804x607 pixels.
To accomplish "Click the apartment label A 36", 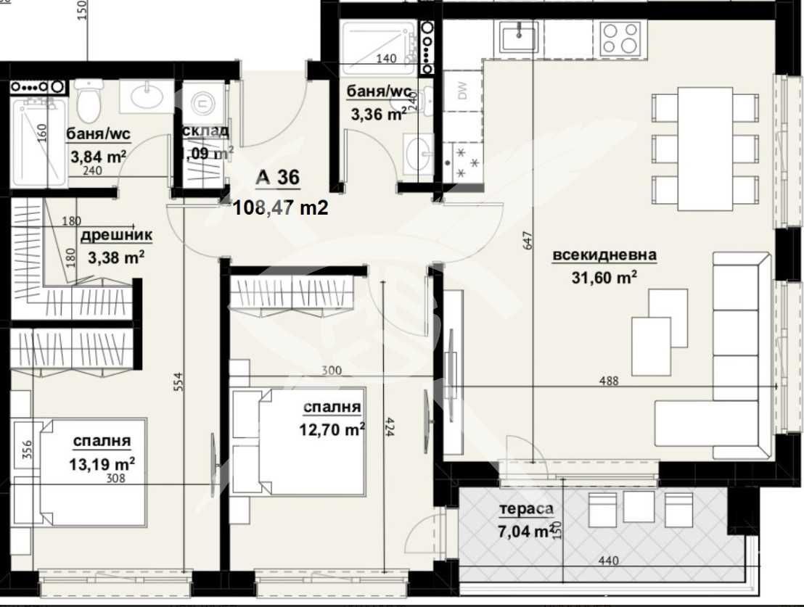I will point(277,178).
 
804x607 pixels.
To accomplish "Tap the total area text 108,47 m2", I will point(280,209).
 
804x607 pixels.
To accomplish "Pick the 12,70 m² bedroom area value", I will point(332,429).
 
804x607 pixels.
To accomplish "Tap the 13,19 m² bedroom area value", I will point(102,463).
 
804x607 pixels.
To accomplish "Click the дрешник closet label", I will point(116,236).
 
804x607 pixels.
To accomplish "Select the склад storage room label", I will point(206,131).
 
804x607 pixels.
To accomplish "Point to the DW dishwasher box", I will point(462,91).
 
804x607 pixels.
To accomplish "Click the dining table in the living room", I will point(705,149).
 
